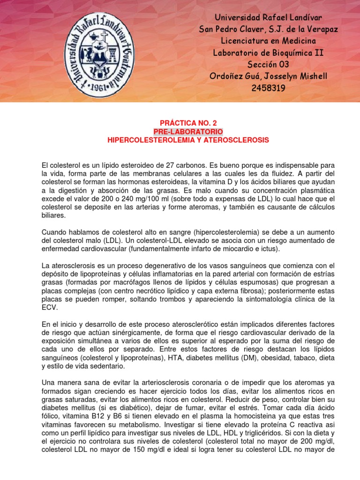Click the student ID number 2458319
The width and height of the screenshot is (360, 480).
pos(269,88)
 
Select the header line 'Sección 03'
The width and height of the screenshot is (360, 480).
pos(268,64)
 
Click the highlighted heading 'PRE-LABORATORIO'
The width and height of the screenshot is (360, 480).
pos(188,132)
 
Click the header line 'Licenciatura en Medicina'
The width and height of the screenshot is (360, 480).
pos(269,41)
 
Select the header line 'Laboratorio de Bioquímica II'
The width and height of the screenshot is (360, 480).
pos(268,52)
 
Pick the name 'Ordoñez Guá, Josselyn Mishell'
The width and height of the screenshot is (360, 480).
pos(269,76)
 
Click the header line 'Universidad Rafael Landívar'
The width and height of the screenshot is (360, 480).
pos(269,17)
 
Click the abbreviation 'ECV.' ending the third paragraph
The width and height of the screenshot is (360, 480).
pos(49,308)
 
